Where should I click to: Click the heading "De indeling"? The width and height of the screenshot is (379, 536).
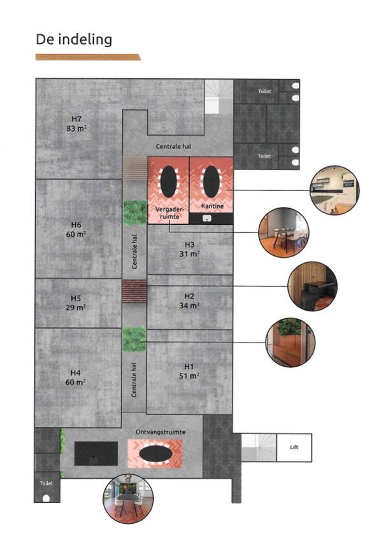click(74, 39)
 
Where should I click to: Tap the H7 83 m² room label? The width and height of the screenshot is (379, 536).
click(77, 123)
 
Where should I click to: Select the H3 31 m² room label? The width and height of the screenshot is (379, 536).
click(189, 249)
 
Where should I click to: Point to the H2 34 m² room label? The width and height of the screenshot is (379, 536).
click(189, 300)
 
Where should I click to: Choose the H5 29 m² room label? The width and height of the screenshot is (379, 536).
click(76, 302)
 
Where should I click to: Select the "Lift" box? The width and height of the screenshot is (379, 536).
click(294, 448)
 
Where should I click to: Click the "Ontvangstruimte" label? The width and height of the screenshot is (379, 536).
click(161, 432)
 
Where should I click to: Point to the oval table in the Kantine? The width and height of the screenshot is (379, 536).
click(211, 183)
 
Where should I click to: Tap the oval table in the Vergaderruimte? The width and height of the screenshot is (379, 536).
click(168, 183)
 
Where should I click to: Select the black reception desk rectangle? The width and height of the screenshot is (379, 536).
click(96, 453)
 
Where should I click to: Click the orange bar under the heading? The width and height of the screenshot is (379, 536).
click(88, 57)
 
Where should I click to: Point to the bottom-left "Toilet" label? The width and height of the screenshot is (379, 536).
click(46, 484)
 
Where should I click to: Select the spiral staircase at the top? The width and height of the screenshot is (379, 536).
click(218, 97)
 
